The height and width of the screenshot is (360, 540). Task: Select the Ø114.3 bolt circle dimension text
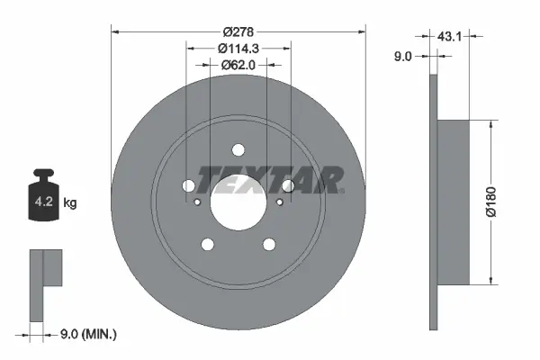click(238, 48)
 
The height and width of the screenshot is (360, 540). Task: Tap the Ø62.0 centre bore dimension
click(238, 65)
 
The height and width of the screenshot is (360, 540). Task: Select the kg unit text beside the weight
click(70, 203)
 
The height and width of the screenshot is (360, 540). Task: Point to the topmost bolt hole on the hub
click(238, 150)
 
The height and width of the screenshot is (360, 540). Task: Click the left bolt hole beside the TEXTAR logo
click(188, 185)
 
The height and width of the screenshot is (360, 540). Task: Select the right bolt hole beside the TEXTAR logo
click(288, 185)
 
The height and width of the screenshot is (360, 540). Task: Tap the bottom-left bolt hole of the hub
click(207, 244)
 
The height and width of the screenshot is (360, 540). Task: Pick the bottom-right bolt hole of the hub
click(268, 244)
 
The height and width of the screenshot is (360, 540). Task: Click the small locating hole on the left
click(197, 202)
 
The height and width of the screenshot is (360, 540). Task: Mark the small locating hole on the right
click(279, 202)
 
